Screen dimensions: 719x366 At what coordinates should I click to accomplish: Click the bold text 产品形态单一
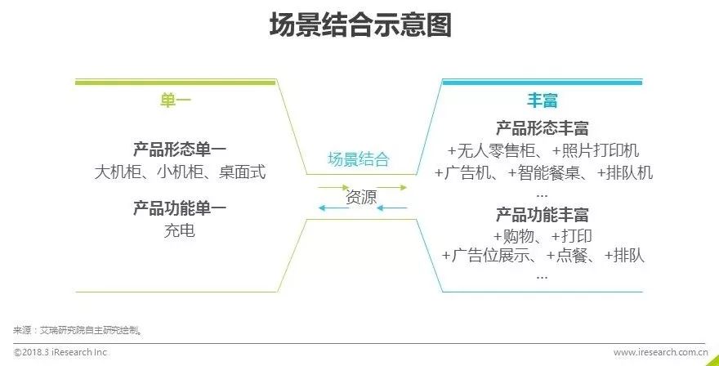point(180,150)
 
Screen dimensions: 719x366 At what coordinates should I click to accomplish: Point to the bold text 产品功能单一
point(180,208)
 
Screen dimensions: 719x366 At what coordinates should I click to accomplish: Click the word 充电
point(180,230)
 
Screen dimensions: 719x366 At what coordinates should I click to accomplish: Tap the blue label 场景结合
point(359,159)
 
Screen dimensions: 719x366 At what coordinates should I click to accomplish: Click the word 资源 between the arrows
point(361,197)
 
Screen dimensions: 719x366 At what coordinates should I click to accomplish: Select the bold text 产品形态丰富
point(542,129)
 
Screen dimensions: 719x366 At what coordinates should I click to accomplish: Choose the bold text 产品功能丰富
point(542,216)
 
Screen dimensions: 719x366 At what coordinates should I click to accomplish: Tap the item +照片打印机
point(596,151)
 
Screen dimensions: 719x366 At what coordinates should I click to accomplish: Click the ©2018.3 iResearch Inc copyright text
point(60,352)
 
